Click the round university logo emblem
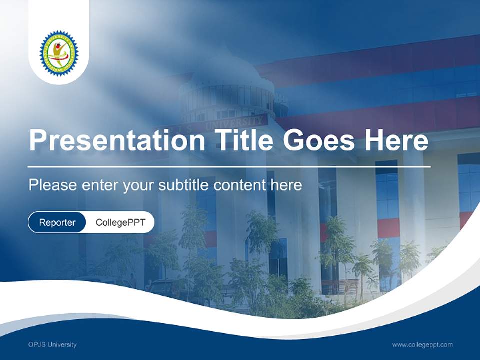point(59,53)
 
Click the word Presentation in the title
point(116,141)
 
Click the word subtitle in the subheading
point(184,185)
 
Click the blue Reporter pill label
point(57,222)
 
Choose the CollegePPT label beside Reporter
point(120,222)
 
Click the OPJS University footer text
point(52,344)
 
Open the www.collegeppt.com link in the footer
point(422,344)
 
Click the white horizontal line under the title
point(229,166)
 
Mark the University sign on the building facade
point(235,121)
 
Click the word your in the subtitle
point(139,185)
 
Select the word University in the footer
point(62,344)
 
